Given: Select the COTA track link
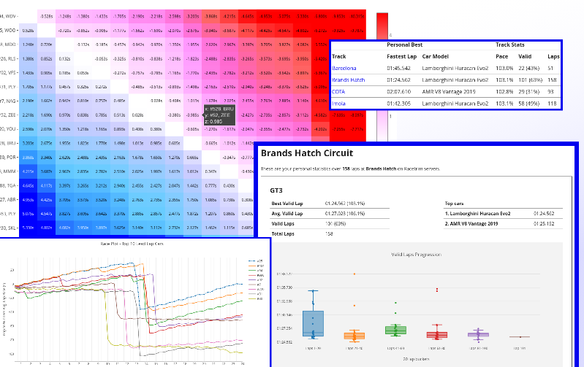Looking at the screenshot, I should coord(339,91).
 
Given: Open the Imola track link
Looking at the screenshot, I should coord(340,103).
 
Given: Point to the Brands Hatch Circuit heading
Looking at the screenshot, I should coord(307,154).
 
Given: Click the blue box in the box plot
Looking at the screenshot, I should coord(313,323).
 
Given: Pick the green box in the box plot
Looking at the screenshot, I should coord(395,330).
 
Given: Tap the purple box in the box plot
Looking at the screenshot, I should coord(478,335).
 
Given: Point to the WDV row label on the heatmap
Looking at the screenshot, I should coord(9,16).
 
